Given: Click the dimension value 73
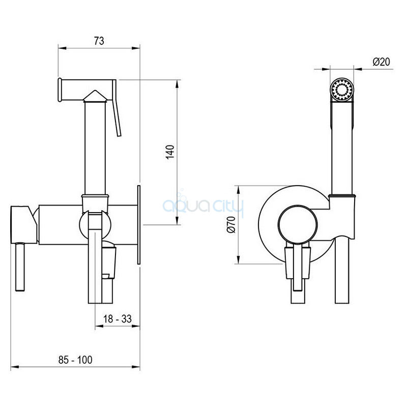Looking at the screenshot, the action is [x=99, y=41].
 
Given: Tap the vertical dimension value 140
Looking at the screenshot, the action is [x=170, y=152].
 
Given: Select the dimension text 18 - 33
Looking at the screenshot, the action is [x=118, y=319].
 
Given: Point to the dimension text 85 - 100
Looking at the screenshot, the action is [x=75, y=360].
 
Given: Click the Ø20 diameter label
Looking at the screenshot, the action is [x=381, y=62].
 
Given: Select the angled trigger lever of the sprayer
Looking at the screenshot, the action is [x=116, y=108].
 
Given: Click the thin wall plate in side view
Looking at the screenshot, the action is [x=139, y=225].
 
